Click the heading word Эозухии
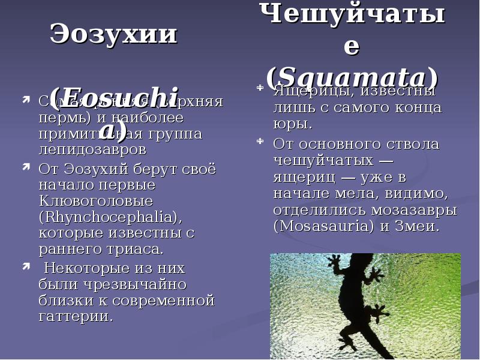click(113, 34)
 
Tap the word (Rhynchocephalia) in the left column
click(110, 216)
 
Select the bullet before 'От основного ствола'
click(259, 142)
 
